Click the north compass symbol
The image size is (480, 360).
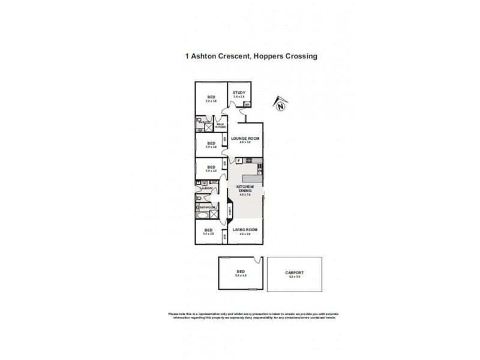(x=280, y=106)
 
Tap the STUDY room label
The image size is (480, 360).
(x=239, y=93)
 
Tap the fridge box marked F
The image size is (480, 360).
(x=238, y=161)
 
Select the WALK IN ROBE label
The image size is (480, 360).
(x=220, y=126)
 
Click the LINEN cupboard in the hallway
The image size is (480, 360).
(x=230, y=209)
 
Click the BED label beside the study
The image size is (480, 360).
(x=211, y=98)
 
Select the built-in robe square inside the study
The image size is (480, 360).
(x=247, y=104)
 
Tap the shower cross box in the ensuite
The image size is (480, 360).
(x=208, y=128)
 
